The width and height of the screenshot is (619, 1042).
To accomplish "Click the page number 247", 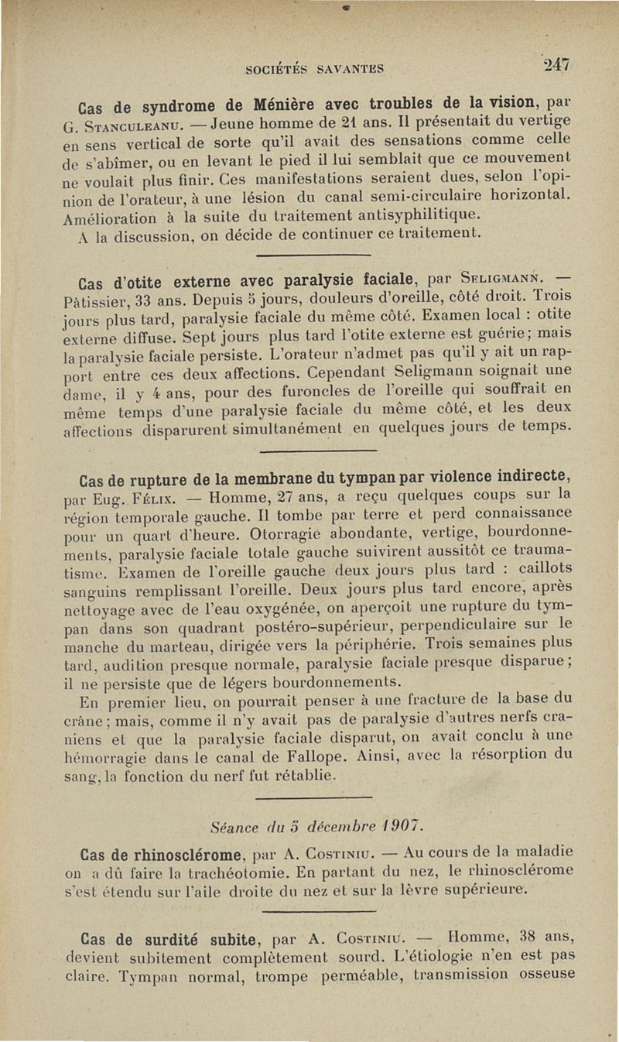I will coord(556,66).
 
